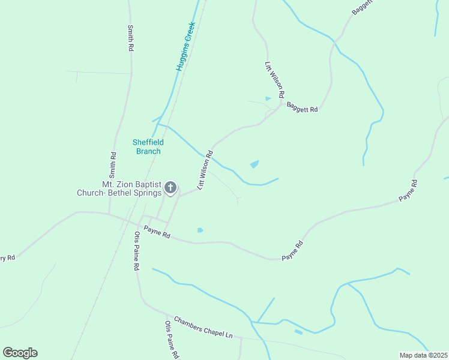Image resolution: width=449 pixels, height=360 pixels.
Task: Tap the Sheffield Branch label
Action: (x=148, y=146)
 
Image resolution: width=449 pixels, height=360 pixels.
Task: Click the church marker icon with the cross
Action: (x=170, y=188)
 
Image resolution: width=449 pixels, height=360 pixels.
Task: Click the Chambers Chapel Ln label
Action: (x=203, y=327)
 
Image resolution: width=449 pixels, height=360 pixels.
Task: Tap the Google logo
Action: (x=20, y=353)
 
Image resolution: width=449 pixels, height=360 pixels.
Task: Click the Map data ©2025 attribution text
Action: (x=423, y=355)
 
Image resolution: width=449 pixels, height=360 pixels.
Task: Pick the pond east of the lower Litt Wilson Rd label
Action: (x=255, y=164)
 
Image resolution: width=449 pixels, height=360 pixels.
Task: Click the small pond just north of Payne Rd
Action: (x=200, y=230)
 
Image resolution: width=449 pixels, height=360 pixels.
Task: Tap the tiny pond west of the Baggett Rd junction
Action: (x=268, y=98)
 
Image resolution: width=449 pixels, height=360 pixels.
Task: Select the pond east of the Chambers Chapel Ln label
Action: (x=298, y=332)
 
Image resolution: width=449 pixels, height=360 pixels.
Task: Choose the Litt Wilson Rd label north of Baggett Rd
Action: (x=274, y=80)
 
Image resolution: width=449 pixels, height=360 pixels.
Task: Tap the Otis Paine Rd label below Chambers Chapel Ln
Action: (x=172, y=340)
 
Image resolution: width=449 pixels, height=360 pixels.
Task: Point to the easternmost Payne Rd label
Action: (x=408, y=190)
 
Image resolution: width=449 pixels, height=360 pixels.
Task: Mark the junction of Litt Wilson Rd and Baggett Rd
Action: (x=280, y=107)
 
